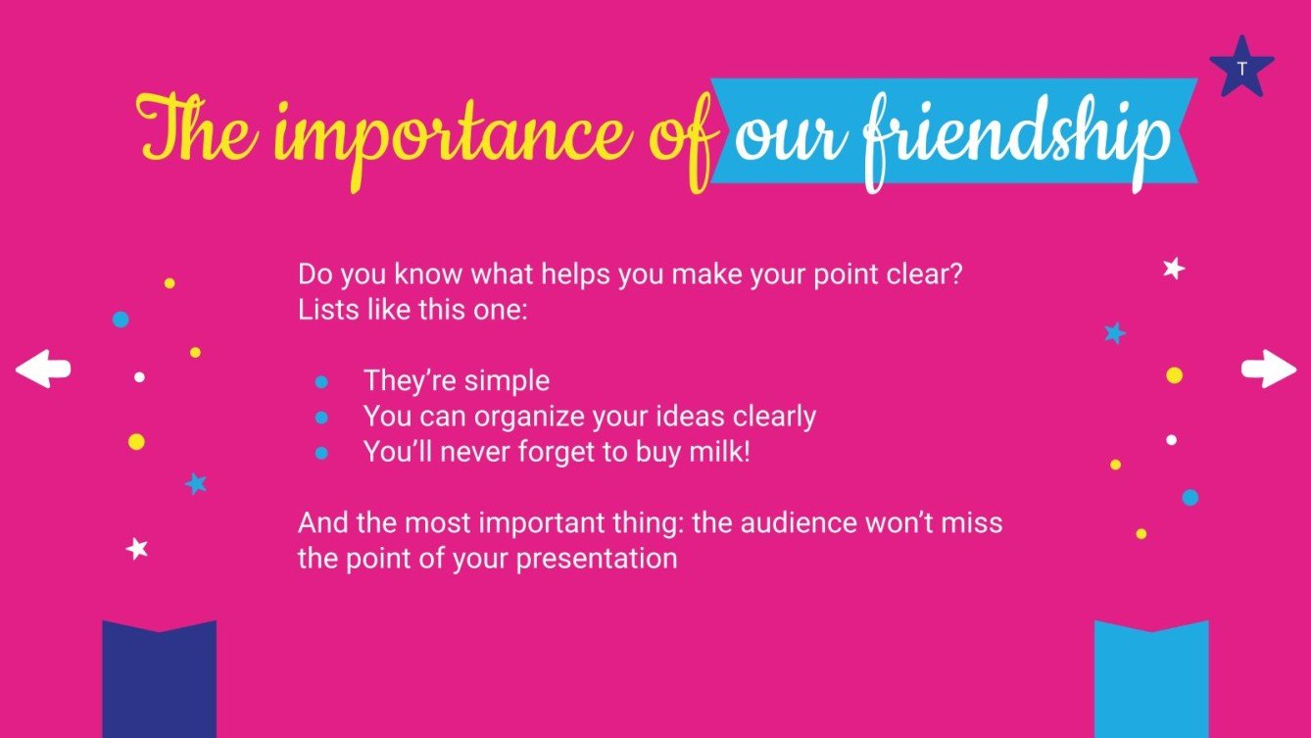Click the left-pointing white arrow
tap(42, 369)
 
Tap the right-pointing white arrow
tap(1269, 369)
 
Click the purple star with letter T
tap(1241, 69)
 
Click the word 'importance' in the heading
tap(455, 137)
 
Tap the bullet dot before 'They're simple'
tap(321, 382)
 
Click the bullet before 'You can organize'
tap(321, 418)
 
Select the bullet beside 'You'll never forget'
tap(321, 454)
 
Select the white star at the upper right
tap(1173, 269)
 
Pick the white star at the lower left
tap(137, 549)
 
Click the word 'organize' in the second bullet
tap(528, 418)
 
